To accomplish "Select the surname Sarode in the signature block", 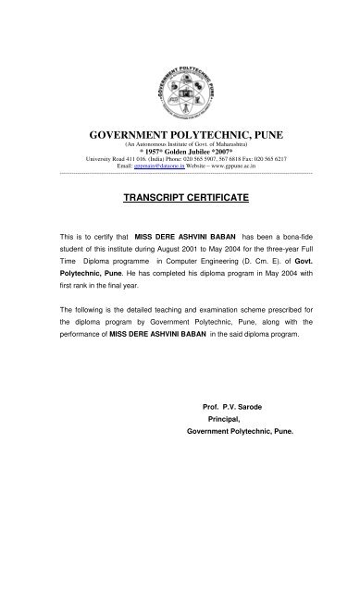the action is (245, 406).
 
